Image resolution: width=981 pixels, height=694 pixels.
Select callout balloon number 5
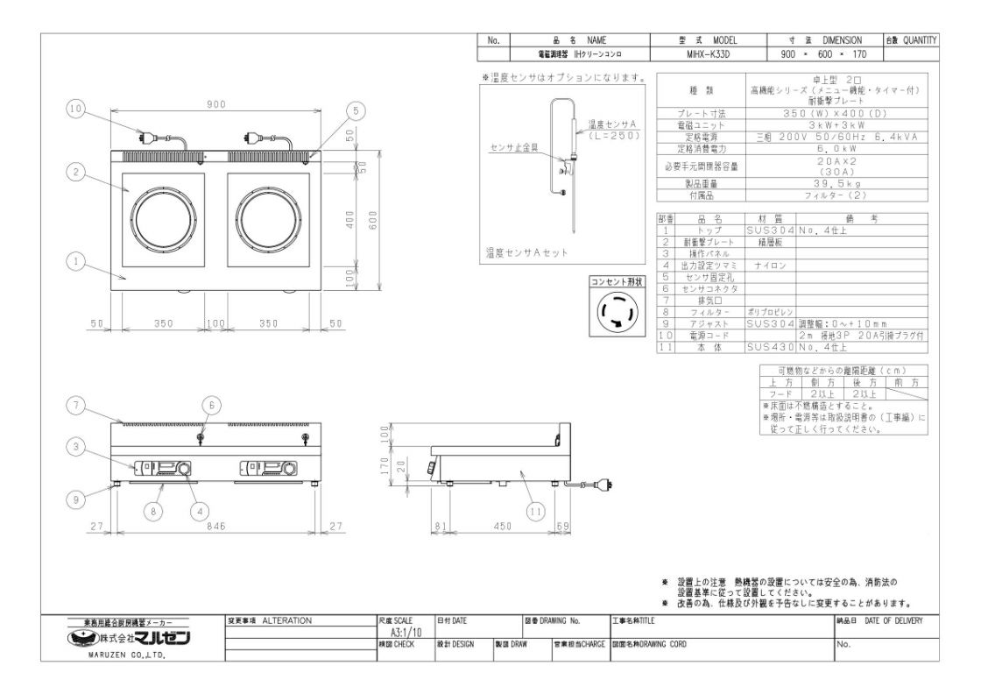point(355,110)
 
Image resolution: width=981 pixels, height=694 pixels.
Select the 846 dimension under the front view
point(216,526)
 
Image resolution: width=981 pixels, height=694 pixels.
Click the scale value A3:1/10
point(401,632)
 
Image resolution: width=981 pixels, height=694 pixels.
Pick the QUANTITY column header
point(911,40)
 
